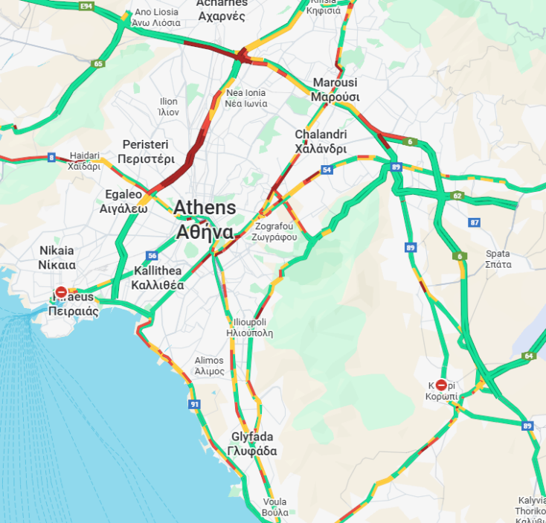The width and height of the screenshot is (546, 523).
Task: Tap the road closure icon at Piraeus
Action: (x=61, y=292)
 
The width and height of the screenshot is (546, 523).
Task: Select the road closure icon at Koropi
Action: (x=441, y=385)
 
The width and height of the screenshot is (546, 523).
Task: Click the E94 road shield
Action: (x=87, y=6)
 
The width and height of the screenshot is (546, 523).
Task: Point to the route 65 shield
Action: (x=98, y=64)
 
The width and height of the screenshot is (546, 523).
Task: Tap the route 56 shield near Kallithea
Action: (x=152, y=255)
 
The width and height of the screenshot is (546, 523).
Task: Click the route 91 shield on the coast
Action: (x=194, y=404)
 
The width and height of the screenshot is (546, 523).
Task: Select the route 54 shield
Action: (x=327, y=170)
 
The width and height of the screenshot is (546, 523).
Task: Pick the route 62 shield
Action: (x=457, y=196)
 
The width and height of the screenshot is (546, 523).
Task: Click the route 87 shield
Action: (x=475, y=222)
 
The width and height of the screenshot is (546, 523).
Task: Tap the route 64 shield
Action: (x=529, y=356)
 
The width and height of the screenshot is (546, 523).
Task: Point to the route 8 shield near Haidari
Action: (x=51, y=157)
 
